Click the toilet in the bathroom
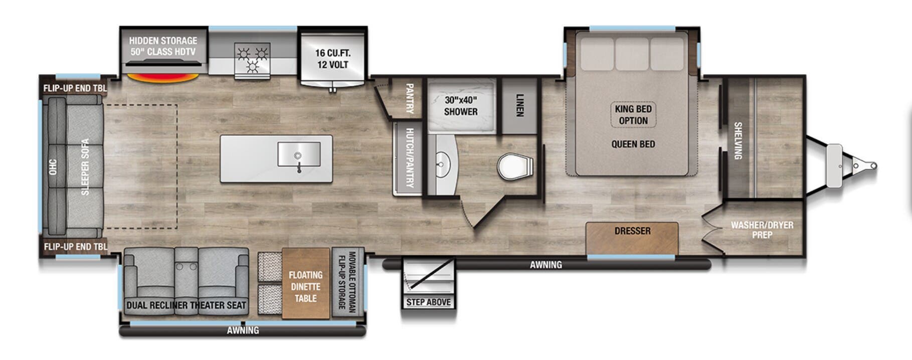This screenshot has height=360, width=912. (x=514, y=167)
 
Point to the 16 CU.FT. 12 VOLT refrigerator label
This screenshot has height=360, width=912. (x=332, y=59)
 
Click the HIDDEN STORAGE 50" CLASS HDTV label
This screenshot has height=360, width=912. (x=163, y=46)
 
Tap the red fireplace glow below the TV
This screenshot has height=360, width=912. (x=162, y=78)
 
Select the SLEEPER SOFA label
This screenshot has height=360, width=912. (x=85, y=167)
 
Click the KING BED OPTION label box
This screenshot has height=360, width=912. (x=633, y=115)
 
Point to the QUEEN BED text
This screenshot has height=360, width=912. (x=633, y=144)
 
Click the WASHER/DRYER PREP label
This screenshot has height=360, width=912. (x=762, y=230)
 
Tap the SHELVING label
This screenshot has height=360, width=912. (x=738, y=141)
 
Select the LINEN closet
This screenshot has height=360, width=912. (x=519, y=106)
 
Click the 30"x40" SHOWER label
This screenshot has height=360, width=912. (x=460, y=106)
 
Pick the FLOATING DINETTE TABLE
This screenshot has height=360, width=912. (x=305, y=286)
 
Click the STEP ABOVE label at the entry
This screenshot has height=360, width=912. (x=428, y=302)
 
